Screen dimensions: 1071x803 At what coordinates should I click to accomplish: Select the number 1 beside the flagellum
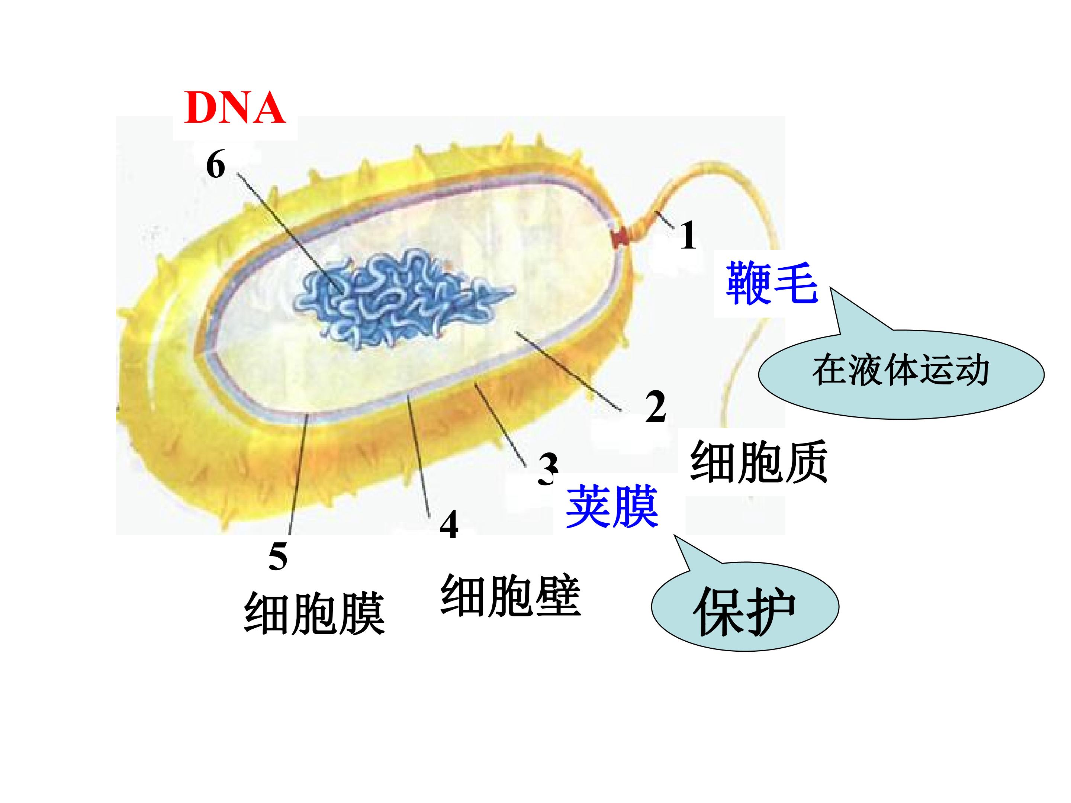(x=688, y=235)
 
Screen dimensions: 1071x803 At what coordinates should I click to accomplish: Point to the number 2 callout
(x=656, y=407)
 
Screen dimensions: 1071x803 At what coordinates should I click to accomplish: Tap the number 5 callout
(x=278, y=556)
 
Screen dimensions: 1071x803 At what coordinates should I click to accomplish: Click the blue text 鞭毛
(x=772, y=283)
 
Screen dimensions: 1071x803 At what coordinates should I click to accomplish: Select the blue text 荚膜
(x=612, y=506)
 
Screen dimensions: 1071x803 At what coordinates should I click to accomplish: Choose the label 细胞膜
(x=315, y=613)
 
